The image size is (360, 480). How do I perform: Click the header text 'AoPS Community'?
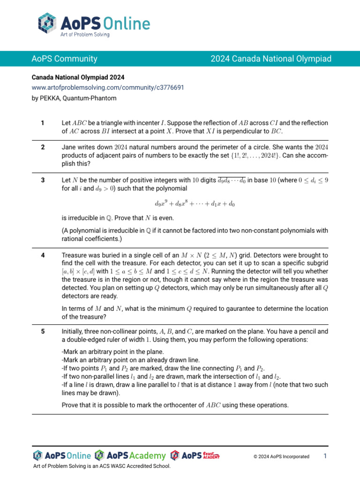pos(64,59)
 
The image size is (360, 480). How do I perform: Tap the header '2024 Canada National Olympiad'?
pos(271,59)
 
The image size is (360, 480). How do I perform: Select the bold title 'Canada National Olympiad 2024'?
pos(78,77)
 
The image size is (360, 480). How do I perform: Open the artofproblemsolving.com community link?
pos(108,88)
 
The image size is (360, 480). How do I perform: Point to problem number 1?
pos(43,123)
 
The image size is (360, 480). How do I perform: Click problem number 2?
pos(43,147)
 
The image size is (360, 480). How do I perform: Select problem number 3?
pos(43,180)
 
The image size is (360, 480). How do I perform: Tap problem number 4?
pos(43,255)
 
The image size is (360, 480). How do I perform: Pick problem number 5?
pos(43,331)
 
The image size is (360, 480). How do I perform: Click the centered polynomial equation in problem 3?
pos(195,204)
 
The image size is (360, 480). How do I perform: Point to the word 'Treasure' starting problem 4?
pos(75,255)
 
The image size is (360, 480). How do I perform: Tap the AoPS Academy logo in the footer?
pos(130,456)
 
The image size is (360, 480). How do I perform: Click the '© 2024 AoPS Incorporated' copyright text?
pos(281,457)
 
